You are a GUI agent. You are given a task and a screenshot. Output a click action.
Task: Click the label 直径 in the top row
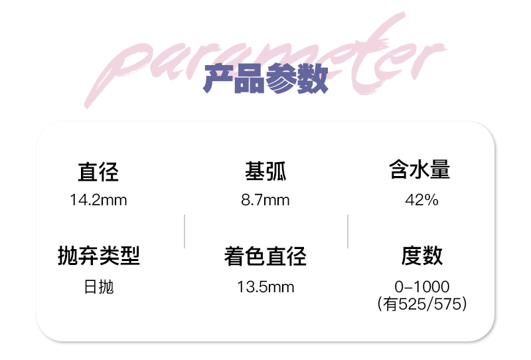click(x=98, y=173)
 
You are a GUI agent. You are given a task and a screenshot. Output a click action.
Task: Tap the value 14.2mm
click(x=98, y=199)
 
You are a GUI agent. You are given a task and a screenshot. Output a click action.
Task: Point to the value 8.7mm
click(x=265, y=199)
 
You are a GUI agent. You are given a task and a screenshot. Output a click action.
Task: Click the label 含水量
click(x=419, y=171)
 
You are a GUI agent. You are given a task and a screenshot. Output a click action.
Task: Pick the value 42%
click(x=421, y=199)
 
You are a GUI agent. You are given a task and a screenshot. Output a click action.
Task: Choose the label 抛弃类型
click(x=99, y=256)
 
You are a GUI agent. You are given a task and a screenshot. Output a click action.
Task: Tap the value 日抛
click(x=99, y=287)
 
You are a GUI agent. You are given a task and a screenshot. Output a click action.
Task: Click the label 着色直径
click(x=265, y=256)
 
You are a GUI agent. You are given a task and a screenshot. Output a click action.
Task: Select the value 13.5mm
click(x=265, y=287)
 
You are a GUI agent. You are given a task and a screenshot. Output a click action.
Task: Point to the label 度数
click(x=421, y=256)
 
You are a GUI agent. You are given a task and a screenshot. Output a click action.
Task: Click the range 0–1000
click(x=421, y=287)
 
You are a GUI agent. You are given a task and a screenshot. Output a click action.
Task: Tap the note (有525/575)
click(x=421, y=304)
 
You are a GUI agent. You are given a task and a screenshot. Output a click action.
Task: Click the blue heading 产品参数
click(x=265, y=80)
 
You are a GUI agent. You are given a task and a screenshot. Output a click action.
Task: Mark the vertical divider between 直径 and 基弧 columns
click(x=184, y=231)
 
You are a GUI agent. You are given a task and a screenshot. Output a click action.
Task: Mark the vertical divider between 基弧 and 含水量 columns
click(x=348, y=231)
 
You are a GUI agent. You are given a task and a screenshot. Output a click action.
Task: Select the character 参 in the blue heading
click(x=280, y=80)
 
